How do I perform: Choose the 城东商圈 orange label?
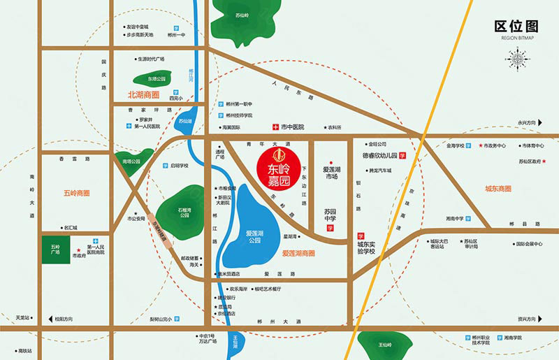(x=498, y=189)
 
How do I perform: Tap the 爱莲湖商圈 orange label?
(x=298, y=253)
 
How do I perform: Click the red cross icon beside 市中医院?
(x=275, y=127)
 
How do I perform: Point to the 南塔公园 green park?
(x=131, y=161)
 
